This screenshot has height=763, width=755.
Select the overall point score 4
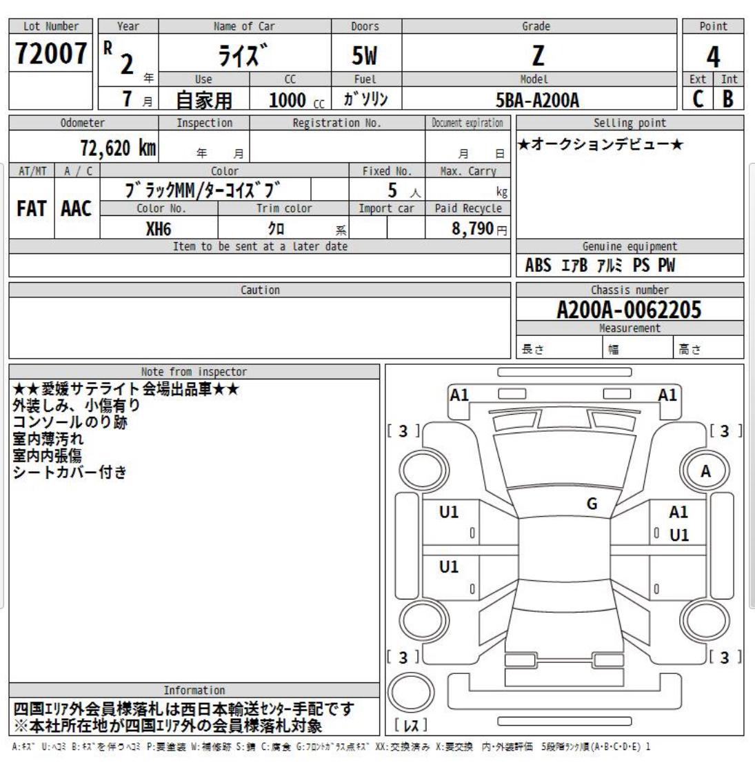pos(713,55)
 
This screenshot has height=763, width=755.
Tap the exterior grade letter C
pos(698,99)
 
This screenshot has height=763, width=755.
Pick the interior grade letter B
pos(728,99)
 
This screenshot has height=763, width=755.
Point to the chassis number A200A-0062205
pos(629,310)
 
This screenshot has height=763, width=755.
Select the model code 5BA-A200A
pos(538,101)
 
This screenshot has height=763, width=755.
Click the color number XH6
pos(159,228)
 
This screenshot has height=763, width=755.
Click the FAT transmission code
pos(31,209)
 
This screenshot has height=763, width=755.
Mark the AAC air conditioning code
pos(76,209)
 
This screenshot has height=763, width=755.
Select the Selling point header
pos(630,123)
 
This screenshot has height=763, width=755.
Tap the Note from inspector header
pos(194,372)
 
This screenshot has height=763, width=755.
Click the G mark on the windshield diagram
pos(592,504)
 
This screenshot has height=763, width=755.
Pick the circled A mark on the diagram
pos(705,472)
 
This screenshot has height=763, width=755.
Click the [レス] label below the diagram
pos(411,725)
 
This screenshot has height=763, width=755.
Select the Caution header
pos(260,290)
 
